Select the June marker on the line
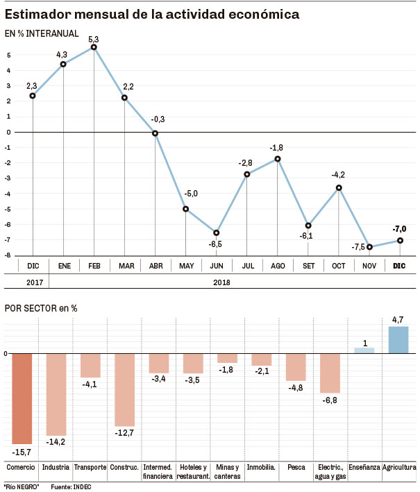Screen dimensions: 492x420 coord(216,232)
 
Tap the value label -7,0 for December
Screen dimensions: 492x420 coord(399,228)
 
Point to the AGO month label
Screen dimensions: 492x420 coord(277,266)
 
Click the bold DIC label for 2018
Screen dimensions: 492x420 coord(399,266)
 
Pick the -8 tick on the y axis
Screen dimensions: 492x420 coord(8,255)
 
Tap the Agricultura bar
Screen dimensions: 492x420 coord(398,339)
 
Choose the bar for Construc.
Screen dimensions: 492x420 coord(124,389)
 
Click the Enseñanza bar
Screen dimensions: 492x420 coord(364,350)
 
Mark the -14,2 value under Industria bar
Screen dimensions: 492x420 coord(56,442)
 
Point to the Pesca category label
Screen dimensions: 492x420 coord(296,467)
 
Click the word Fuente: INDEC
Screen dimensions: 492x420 coord(72,486)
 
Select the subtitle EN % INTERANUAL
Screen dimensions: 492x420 coord(42,33)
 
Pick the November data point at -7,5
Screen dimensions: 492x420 coord(369,247)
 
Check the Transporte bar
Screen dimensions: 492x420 coord(90,366)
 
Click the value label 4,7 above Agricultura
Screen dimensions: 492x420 coord(398,320)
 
